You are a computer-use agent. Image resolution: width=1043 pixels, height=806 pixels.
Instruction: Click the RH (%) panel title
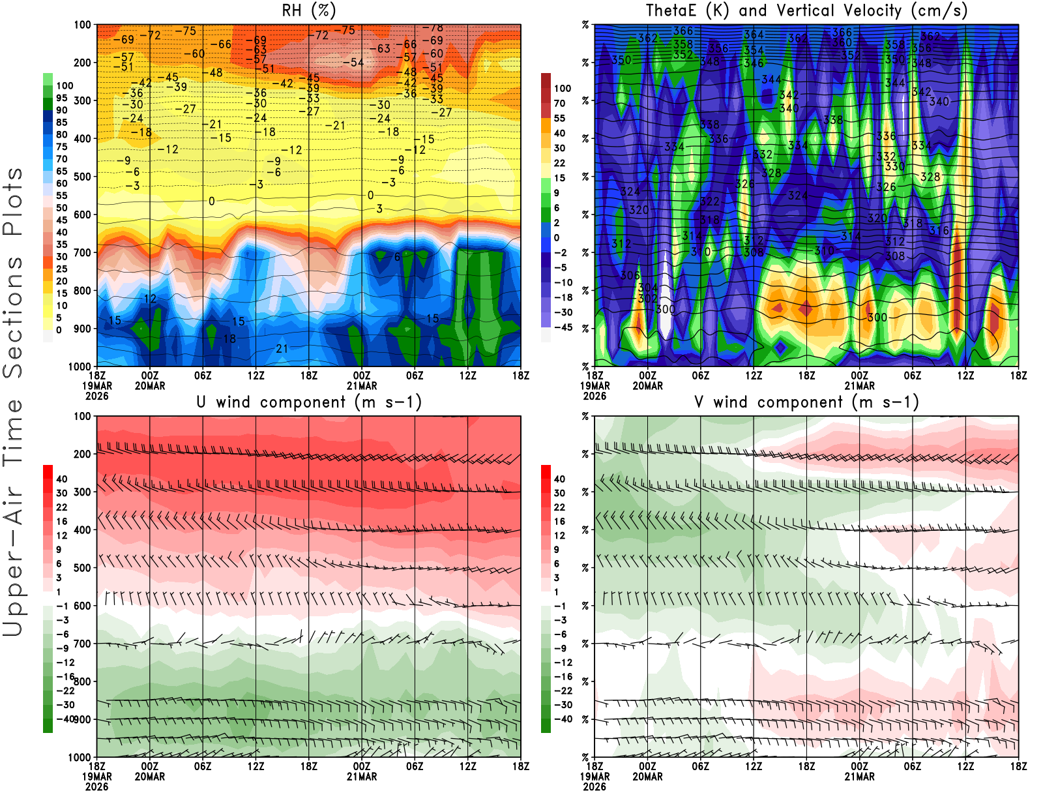(x=308, y=10)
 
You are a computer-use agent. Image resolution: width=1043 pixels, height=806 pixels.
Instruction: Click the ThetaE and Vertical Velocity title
(x=806, y=10)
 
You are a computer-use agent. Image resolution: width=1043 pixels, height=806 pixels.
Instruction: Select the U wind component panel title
(x=309, y=402)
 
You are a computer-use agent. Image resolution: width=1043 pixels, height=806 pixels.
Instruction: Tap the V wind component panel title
(x=806, y=402)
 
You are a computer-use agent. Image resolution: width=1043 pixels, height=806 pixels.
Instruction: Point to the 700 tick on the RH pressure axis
(x=83, y=252)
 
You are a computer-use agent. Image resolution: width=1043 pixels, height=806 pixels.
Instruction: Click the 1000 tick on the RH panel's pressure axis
(x=80, y=366)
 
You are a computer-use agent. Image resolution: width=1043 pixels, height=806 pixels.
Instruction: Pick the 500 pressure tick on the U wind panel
(x=83, y=567)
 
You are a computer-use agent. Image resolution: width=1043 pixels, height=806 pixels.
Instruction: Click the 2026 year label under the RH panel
(x=97, y=396)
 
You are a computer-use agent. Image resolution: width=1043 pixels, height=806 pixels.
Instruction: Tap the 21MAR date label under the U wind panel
(x=362, y=777)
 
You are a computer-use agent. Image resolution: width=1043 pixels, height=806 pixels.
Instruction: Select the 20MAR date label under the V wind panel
(x=647, y=777)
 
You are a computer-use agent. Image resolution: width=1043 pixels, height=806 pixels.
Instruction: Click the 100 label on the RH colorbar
(x=65, y=85)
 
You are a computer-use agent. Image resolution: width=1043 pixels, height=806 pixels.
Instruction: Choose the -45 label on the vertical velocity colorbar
(x=563, y=327)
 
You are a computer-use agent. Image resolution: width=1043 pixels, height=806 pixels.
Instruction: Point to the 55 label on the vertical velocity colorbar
(x=559, y=118)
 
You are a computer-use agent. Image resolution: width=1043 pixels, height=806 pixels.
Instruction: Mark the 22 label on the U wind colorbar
(x=62, y=507)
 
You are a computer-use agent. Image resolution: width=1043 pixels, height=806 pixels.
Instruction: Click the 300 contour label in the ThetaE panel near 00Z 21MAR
(x=877, y=317)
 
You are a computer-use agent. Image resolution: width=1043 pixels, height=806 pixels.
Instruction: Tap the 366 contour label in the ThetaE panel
(x=683, y=31)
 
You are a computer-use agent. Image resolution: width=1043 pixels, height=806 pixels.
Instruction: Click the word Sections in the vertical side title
(x=13, y=318)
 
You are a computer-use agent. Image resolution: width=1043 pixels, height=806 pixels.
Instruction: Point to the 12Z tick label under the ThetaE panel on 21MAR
(x=965, y=376)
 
